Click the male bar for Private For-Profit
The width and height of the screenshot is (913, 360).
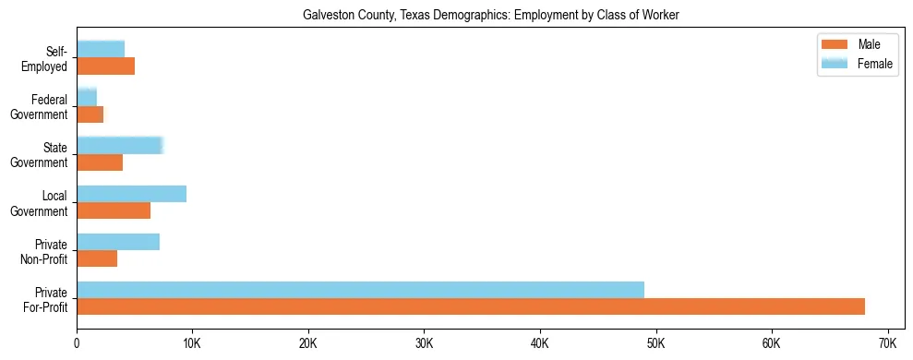tap(471, 306)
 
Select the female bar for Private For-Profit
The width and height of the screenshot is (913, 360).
tap(360, 290)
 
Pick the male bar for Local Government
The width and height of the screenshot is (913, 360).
tap(114, 210)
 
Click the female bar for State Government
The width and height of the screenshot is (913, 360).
tap(120, 145)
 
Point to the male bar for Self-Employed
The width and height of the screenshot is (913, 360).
tap(105, 66)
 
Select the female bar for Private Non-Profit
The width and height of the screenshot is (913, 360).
tap(118, 242)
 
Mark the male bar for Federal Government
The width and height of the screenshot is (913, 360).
tap(90, 114)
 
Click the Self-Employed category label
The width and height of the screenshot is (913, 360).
tap(48, 59)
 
